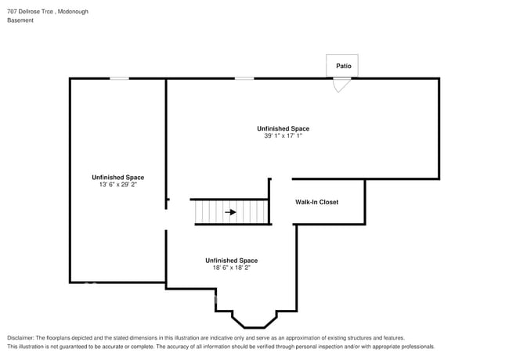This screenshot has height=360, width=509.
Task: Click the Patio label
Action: pos(342,67)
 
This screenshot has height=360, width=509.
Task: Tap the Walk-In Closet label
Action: pos(316,202)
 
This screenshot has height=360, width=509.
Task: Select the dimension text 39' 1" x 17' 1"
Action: pos(283,135)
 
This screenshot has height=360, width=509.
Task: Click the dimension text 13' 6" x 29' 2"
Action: pos(117,185)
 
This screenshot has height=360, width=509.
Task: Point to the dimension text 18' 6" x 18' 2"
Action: pos(231,268)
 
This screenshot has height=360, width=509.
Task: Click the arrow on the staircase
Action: pos(230,211)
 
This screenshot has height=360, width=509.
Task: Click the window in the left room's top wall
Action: pos(119,78)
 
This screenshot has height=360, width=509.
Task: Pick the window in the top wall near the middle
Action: pos(244,78)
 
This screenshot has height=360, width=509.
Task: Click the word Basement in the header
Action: pos(20,20)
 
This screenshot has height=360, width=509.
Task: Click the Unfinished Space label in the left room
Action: pos(117,178)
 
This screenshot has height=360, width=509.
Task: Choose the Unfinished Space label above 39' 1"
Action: pos(283,128)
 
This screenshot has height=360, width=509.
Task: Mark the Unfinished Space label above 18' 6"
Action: pos(231,261)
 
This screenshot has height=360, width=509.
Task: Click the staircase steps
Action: pos(211,211)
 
